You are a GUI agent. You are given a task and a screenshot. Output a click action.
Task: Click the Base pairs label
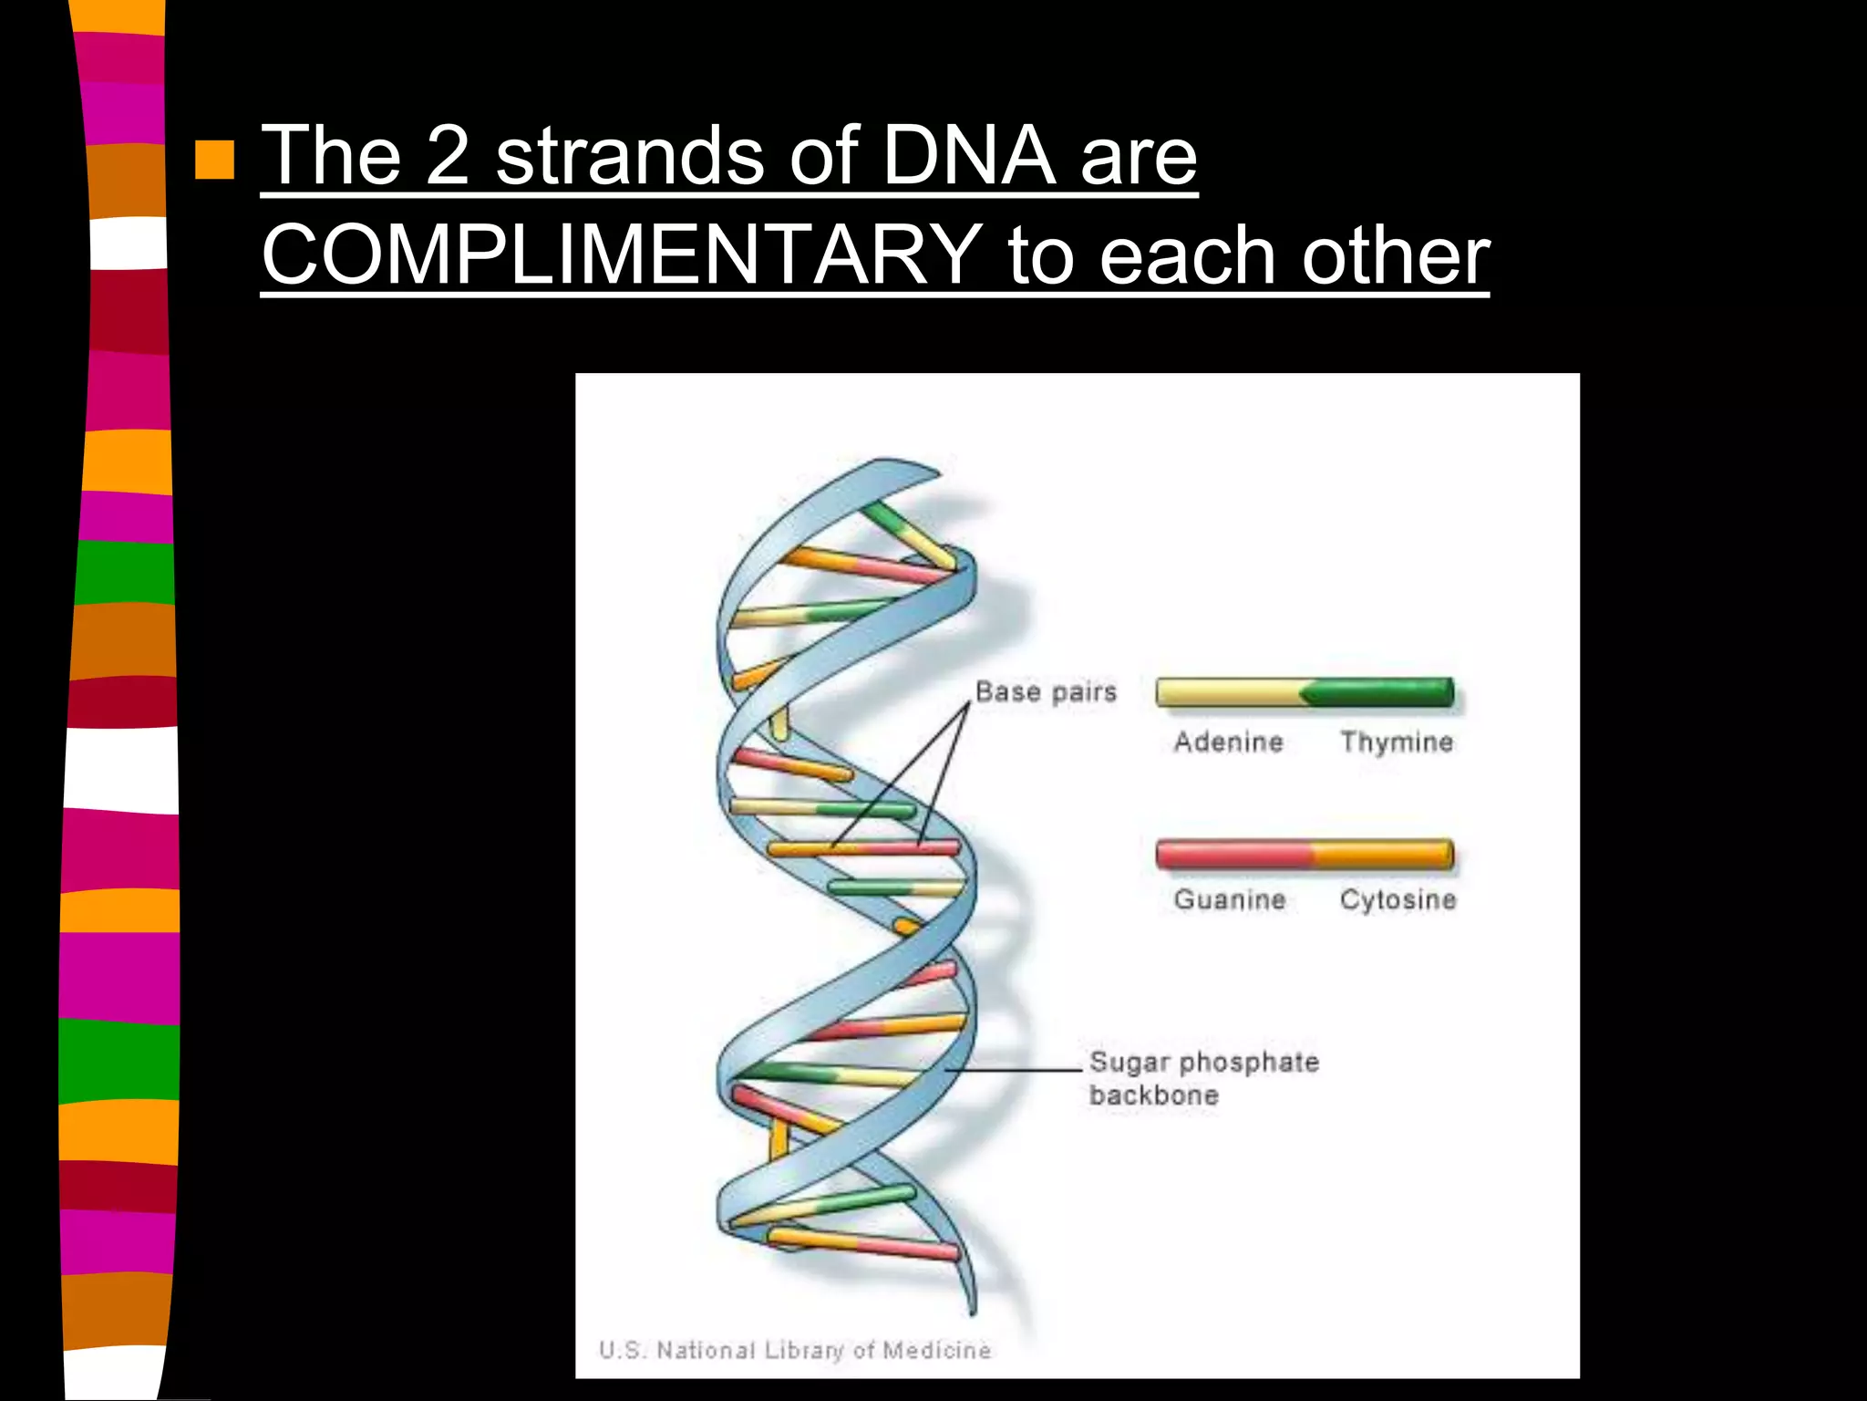(x=1046, y=691)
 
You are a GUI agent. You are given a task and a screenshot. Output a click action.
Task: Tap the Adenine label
(x=1228, y=742)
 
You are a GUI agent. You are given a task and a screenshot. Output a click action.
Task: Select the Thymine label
(x=1396, y=742)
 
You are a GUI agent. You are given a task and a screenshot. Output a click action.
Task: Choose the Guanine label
(x=1229, y=899)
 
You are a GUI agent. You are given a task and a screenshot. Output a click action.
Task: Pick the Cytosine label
(x=1398, y=899)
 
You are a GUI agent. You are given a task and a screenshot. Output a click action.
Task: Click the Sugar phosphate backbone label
(x=1203, y=1078)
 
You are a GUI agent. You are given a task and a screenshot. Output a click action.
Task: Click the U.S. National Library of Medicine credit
(x=795, y=1350)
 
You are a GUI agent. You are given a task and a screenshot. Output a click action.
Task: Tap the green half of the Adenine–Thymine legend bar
(x=1381, y=693)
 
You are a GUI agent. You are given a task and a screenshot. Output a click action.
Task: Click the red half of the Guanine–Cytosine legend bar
(x=1233, y=854)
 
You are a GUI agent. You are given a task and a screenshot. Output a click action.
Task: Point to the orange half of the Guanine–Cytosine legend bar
(x=1381, y=854)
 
